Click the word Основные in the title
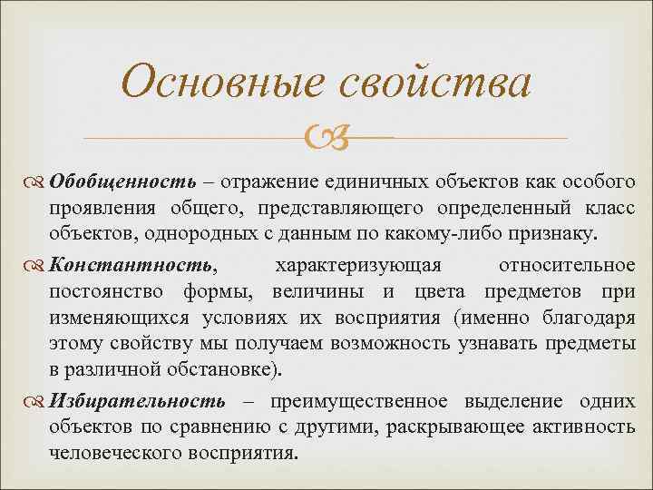pyautogui.click(x=222, y=83)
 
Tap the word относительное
pyautogui.click(x=566, y=265)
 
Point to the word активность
pyautogui.click(x=586, y=426)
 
